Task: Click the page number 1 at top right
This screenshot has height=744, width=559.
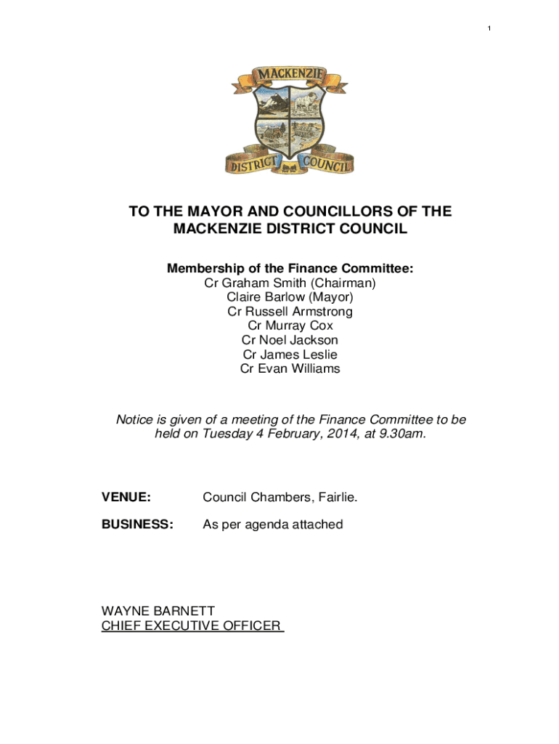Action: pos(489,28)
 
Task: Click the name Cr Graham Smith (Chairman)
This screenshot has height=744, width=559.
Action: pos(290,283)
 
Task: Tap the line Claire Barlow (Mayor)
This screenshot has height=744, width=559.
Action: pos(290,297)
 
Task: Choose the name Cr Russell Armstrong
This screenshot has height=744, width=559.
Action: pos(290,312)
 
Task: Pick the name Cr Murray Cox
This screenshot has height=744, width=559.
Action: pos(290,325)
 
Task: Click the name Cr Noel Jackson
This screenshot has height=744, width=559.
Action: pos(290,340)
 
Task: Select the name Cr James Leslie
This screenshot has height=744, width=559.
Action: pos(290,355)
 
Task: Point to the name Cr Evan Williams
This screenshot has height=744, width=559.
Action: pos(290,368)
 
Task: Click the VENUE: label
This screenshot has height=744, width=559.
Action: pos(126,497)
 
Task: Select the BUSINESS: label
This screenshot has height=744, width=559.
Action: pos(137,524)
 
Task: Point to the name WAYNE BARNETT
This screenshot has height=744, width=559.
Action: pos(158,611)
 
